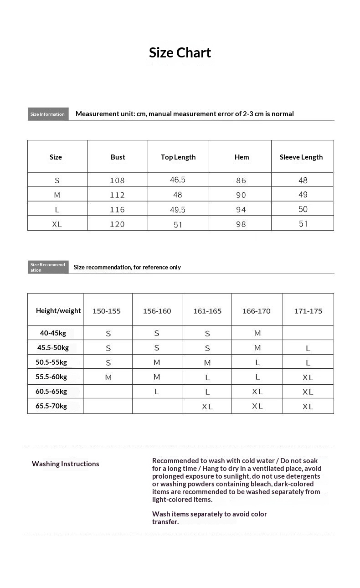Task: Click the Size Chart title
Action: point(180,53)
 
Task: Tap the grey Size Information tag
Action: point(48,114)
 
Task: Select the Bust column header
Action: point(118,157)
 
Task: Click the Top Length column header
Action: point(178,157)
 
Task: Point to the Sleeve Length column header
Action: point(301,157)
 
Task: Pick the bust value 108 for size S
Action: point(117,181)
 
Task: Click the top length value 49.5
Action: point(178,209)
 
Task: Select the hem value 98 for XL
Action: point(241,224)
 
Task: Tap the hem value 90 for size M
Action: point(241,195)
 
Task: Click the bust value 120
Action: point(117,224)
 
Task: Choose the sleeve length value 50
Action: point(303,209)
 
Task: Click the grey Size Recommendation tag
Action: point(48,267)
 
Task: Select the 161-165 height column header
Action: point(207,311)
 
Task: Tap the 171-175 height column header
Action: point(308,311)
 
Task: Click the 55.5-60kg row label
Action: point(51,377)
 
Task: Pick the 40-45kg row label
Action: point(53,333)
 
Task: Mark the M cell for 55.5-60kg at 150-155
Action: point(108,377)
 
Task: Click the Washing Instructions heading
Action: point(65,464)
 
